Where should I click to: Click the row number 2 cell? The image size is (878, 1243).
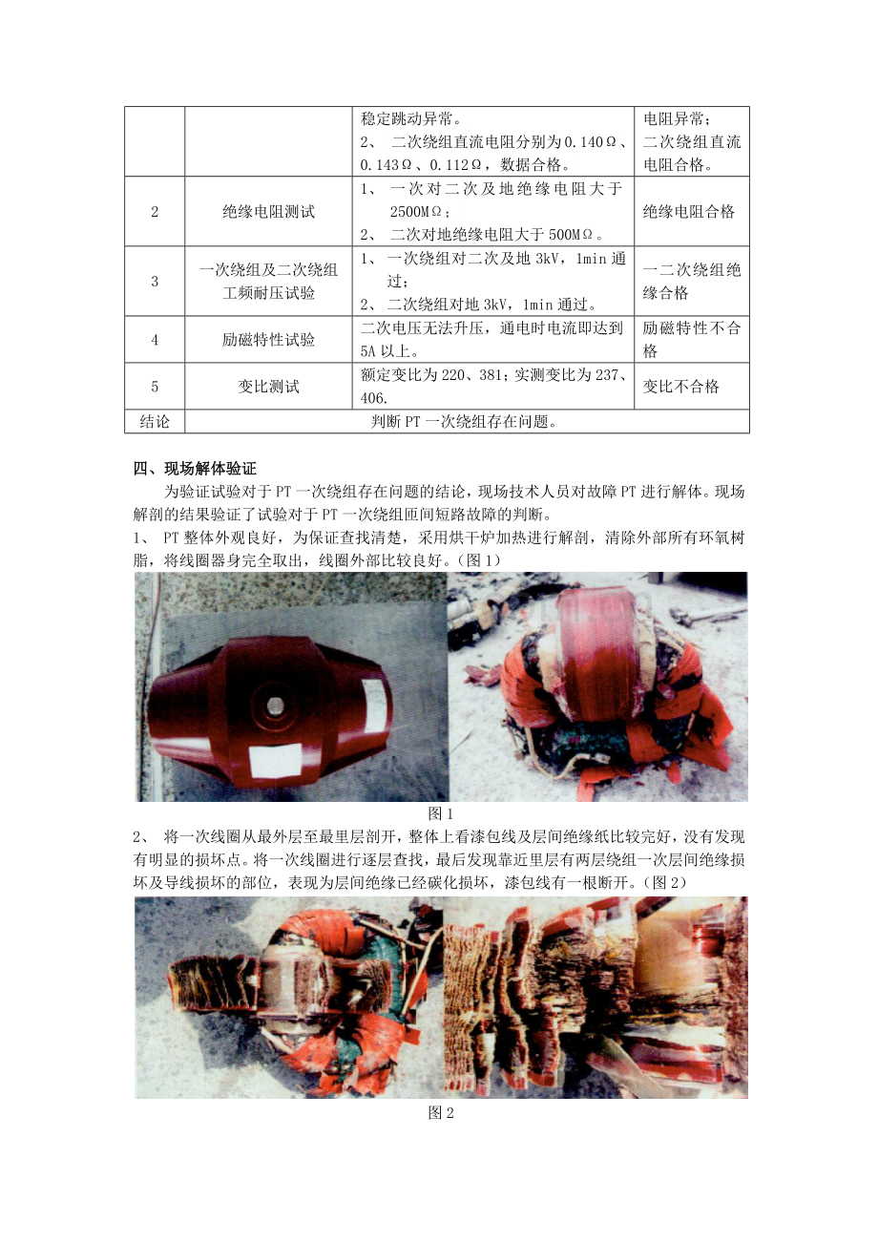point(155,211)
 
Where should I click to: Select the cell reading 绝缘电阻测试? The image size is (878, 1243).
point(268,211)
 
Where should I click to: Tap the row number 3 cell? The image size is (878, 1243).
point(155,282)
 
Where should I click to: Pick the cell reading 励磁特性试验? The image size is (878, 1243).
point(268,340)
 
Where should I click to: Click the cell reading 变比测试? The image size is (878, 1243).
point(268,387)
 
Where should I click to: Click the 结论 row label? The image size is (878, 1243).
point(155,422)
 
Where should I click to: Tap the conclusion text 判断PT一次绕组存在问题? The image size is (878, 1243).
point(464,422)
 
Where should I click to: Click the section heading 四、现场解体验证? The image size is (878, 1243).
point(195,469)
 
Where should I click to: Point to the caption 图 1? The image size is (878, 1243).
point(441,813)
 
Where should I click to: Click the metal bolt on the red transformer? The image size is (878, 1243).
point(275,706)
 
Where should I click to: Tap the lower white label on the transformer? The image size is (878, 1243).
point(275,760)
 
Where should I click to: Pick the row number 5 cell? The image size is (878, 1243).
point(155,387)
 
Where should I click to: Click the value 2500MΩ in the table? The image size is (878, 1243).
point(419,211)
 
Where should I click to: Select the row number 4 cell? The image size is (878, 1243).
point(155,340)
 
